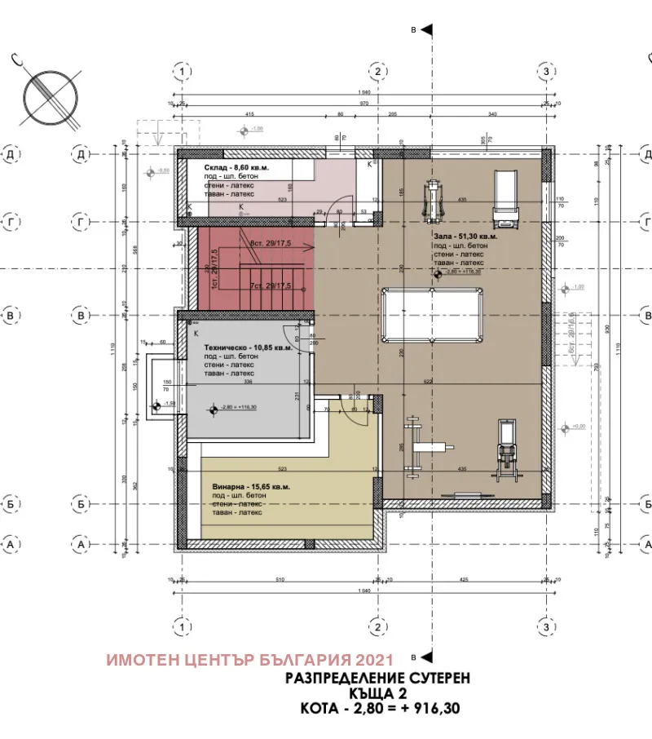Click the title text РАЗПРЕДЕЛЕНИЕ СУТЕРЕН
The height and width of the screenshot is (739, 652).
[x=377, y=678]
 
